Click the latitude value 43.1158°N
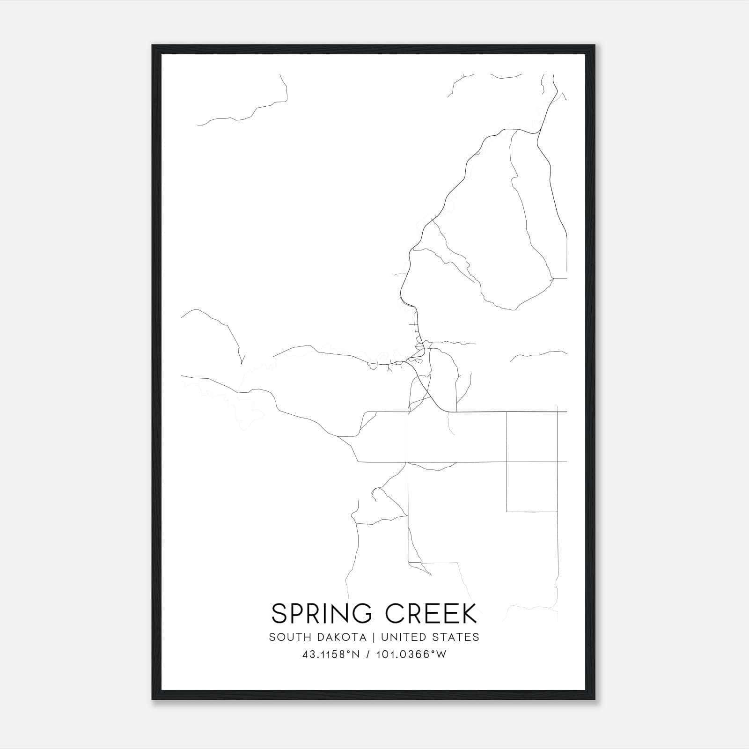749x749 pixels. [331, 654]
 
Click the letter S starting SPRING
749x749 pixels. [279, 613]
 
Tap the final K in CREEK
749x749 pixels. [469, 613]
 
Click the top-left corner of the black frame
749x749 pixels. [153, 45]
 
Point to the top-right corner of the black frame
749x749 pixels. [595, 45]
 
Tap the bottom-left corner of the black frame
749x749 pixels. [153, 699]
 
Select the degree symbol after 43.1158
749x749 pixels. [348, 652]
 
